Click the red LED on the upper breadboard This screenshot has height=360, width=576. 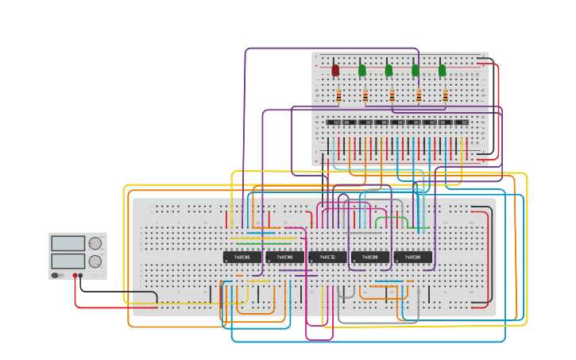pos(335,71)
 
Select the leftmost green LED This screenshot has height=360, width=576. pos(362,71)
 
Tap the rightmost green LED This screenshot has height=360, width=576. pos(442,71)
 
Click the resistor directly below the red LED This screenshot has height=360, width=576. pos(338,96)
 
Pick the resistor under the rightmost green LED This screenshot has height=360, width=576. pos(445,96)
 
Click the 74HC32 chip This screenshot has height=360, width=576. pos(327,257)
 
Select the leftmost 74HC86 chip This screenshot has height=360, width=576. pos(242,257)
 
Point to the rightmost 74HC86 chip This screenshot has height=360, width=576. pos(413,257)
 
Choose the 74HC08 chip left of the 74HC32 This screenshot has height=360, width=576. pos(284,257)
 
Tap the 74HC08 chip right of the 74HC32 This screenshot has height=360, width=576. pos(370,257)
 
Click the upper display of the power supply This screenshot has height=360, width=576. pos(67,243)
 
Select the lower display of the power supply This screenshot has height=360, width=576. pos(67,261)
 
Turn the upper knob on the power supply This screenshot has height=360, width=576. pos(95,243)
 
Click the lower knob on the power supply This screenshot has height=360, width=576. pos(95,261)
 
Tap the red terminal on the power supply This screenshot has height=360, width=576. pos(75,276)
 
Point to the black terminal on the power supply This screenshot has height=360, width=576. pos(81,276)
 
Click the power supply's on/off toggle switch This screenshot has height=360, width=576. pos(56,276)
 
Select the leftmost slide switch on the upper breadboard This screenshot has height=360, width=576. pos(334,122)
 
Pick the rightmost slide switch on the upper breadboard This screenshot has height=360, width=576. pos(461,122)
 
